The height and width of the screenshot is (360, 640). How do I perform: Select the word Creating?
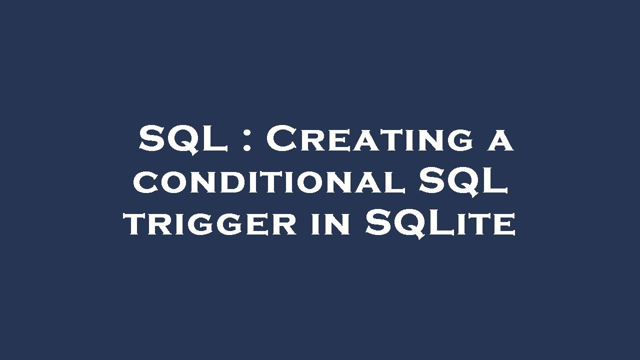(x=369, y=139)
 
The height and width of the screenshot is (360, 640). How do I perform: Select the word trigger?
(x=210, y=224)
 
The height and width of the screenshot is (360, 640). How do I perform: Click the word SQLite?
(x=439, y=223)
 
